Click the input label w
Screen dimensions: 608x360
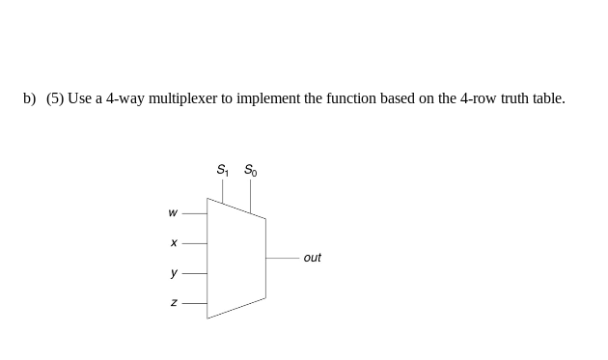(173, 213)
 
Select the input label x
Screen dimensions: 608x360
(173, 243)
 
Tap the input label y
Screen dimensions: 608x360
(173, 273)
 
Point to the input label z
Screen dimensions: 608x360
(173, 303)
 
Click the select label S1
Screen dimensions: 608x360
(223, 171)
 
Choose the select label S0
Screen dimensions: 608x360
(250, 171)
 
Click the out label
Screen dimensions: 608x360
(312, 258)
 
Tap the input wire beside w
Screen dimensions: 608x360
(194, 213)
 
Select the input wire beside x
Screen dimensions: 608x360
(194, 243)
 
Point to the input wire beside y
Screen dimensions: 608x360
(194, 273)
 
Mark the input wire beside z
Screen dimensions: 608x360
(194, 303)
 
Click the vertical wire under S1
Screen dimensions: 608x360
(223, 191)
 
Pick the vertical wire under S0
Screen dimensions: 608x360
(250, 197)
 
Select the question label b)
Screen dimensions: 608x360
(30, 98)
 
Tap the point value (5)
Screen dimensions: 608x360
(55, 98)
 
